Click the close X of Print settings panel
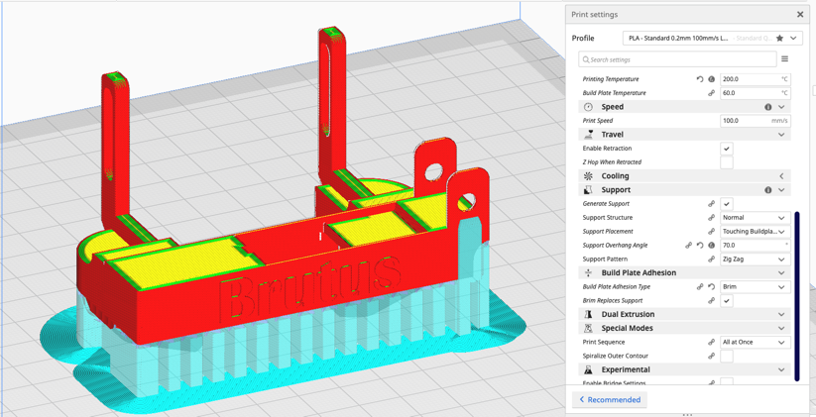point(800,15)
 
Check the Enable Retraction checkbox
point(727,149)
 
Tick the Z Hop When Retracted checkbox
point(727,162)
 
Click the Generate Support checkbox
point(727,204)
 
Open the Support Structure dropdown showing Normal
point(754,218)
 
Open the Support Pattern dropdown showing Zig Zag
point(754,260)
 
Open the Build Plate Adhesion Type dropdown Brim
point(754,287)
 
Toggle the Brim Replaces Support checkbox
point(727,301)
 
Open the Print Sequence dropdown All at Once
point(754,343)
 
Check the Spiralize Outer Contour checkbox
point(727,357)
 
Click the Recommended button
point(611,400)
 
